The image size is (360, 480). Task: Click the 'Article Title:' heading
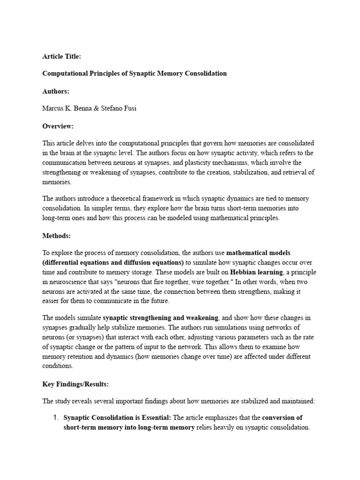[x=61, y=56]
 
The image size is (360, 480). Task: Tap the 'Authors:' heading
[x=56, y=91]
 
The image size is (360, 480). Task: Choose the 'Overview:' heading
[x=58, y=126]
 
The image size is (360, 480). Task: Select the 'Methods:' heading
[x=57, y=236]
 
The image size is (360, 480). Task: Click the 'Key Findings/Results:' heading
[x=75, y=384]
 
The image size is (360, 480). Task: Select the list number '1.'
[x=55, y=418]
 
